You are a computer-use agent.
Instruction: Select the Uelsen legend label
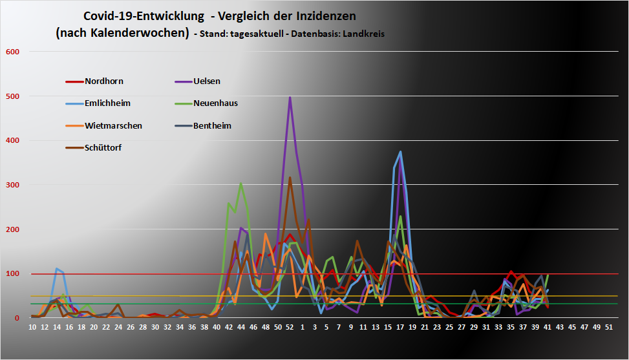point(207,81)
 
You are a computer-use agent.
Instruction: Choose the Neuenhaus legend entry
point(215,103)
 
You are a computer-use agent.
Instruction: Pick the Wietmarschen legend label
point(113,125)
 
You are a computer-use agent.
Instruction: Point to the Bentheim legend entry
point(212,125)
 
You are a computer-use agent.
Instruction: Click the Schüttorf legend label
point(103,147)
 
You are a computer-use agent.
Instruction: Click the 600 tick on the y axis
point(13,52)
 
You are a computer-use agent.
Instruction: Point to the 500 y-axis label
point(13,96)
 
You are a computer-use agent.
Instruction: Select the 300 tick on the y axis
point(13,185)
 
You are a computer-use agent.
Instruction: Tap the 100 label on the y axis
point(13,273)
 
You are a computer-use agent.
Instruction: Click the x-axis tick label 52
point(290,328)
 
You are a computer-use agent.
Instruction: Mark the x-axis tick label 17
point(401,328)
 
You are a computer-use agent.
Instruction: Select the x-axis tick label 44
point(241,328)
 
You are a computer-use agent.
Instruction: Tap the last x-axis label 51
point(608,328)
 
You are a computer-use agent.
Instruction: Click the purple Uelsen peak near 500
point(290,98)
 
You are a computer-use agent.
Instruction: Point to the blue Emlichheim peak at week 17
point(401,152)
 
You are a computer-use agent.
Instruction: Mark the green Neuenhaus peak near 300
point(241,184)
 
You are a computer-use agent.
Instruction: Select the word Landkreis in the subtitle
point(364,34)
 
